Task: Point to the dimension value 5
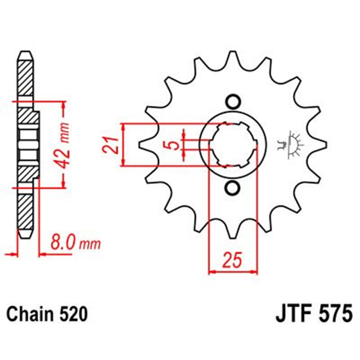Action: [175, 144]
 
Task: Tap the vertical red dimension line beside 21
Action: [123, 145]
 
